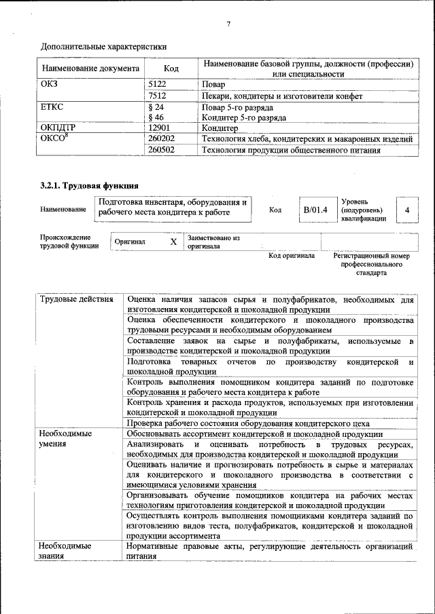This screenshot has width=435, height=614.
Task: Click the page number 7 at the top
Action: click(228, 24)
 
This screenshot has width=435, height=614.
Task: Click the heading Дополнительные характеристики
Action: click(103, 47)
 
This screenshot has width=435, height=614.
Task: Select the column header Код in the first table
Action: click(171, 69)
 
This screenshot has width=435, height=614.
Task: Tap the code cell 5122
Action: click(157, 85)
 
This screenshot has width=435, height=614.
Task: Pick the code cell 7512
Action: click(157, 96)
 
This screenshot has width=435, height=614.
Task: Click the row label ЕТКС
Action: click(52, 107)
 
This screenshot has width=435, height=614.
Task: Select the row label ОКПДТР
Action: click(58, 128)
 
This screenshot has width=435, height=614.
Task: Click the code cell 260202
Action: click(161, 139)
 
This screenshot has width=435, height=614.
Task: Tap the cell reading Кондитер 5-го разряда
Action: click(238, 117)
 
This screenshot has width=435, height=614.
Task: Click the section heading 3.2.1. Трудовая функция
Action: click(90, 185)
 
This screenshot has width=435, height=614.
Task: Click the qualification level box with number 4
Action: click(407, 210)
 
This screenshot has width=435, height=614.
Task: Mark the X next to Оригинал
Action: click(173, 242)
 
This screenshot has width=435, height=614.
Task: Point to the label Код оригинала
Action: click(291, 256)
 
